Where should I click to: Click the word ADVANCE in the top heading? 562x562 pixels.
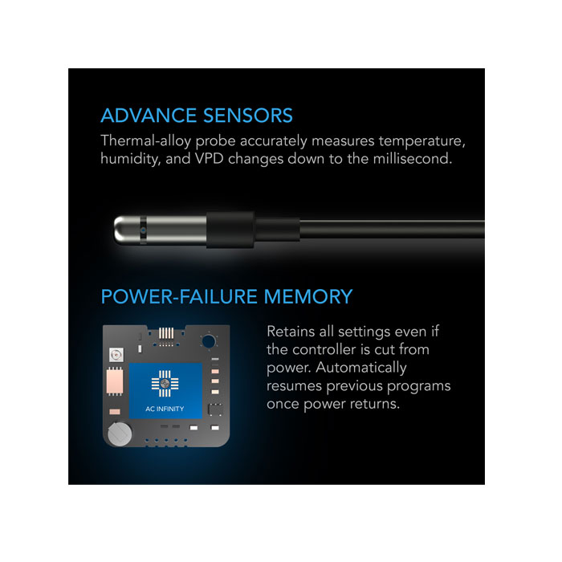point(149,116)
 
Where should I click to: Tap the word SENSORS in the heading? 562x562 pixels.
point(248,116)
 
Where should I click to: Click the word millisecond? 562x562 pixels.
point(412,158)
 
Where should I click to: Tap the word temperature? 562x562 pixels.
point(421,141)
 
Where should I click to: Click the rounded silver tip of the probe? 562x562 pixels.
point(122,230)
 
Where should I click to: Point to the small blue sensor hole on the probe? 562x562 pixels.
point(143,230)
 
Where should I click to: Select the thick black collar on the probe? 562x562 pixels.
point(230,230)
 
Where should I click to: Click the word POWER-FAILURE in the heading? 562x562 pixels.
point(179,297)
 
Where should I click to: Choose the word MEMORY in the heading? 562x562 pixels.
point(308,297)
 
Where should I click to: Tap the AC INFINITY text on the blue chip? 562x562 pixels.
point(165,409)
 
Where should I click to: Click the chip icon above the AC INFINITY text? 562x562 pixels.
point(165,384)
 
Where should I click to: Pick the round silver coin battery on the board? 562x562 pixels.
point(120,434)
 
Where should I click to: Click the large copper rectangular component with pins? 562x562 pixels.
point(115,381)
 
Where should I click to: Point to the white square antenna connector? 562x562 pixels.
point(116,355)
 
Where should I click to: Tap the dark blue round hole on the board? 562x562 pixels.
point(209,341)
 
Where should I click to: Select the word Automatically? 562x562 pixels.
point(361,368)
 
